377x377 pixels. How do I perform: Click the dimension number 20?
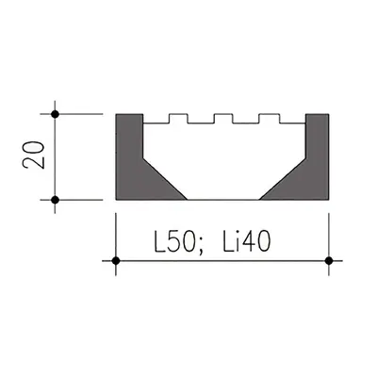[x=34, y=156]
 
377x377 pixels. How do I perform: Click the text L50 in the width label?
[x=174, y=242]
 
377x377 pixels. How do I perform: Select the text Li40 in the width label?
[x=247, y=242]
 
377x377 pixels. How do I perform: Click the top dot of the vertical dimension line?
[x=55, y=114]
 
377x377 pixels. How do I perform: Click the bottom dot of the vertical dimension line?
[x=55, y=200]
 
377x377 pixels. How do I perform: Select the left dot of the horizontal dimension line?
[x=116, y=260]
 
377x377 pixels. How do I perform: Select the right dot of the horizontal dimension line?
[x=329, y=260]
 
